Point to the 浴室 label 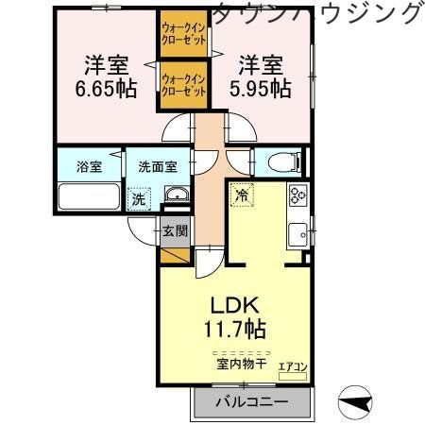point(89,167)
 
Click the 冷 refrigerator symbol point(242,195)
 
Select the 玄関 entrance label point(175,229)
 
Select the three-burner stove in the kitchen point(298,196)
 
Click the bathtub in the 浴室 point(90,198)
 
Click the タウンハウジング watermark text point(317,13)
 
